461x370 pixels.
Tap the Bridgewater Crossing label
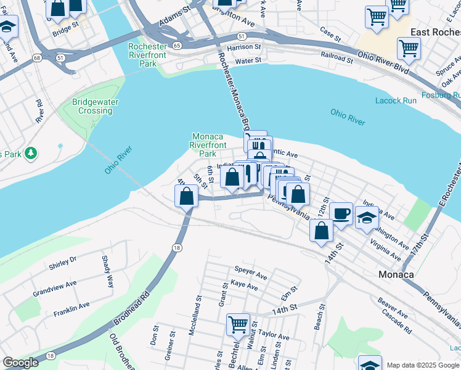[x=96, y=106]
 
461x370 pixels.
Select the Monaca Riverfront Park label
[x=211, y=144]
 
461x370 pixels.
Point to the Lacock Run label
[x=396, y=101]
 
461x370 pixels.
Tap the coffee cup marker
[x=341, y=214]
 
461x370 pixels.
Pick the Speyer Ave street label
[x=251, y=269]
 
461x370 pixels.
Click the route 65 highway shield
[x=177, y=46]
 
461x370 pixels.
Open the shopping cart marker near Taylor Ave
[x=238, y=324]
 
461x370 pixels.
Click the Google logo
[x=20, y=363]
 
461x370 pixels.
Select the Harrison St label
[x=244, y=47]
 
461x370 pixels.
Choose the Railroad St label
[x=337, y=60]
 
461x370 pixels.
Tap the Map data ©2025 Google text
[x=423, y=365]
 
